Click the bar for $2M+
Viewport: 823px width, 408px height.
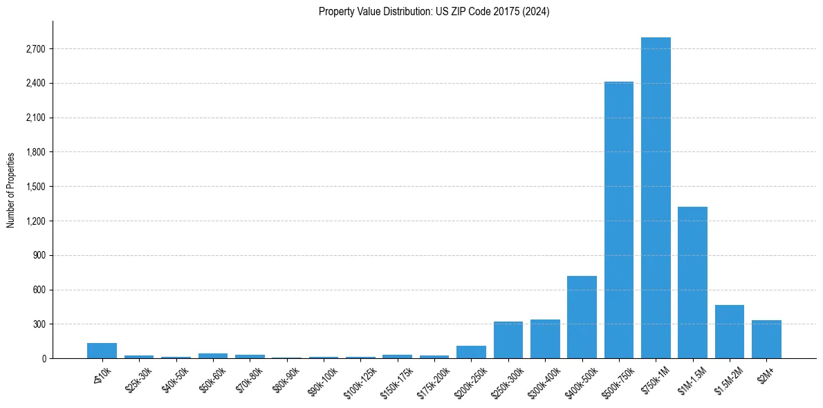pos(766,340)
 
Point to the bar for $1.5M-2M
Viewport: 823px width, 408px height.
pos(730,332)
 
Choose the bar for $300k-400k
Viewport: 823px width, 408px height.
pos(545,339)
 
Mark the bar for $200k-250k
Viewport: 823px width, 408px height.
pos(471,352)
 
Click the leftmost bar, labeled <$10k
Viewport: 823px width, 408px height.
pos(102,351)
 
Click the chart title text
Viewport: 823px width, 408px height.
pos(434,12)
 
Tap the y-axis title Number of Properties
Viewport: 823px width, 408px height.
pos(11,190)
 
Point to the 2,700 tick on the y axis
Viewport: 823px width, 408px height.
pos(35,49)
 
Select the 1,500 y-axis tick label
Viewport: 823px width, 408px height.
pos(35,187)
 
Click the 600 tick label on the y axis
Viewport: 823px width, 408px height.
pos(39,290)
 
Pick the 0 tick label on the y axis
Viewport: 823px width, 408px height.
pos(43,358)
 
